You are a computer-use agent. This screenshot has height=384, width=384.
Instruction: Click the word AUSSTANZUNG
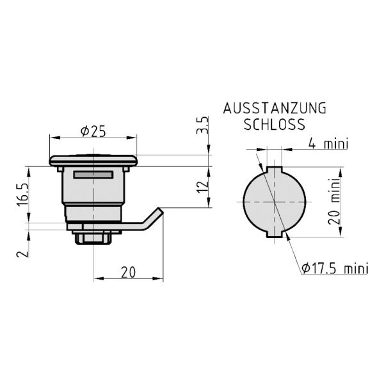[x=275, y=109]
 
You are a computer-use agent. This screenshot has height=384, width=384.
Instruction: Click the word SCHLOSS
[x=275, y=124]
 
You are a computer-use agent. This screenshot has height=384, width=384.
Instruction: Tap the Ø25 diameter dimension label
[x=93, y=132]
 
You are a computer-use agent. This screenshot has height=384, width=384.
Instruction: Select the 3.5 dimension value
[x=203, y=125]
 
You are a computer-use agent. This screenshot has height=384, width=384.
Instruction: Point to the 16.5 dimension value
[x=23, y=195]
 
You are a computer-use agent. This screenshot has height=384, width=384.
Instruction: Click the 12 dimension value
[x=203, y=187]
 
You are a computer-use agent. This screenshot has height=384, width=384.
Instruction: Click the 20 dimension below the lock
[x=128, y=272]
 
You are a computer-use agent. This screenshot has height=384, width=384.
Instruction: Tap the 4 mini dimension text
[x=328, y=143]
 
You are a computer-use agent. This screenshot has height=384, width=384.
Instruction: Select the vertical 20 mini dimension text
[x=335, y=201]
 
